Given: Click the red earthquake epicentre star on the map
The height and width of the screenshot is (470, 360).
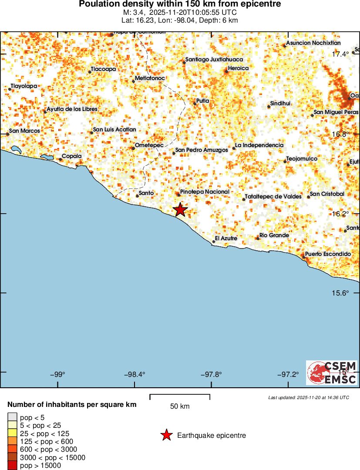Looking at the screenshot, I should pyautogui.click(x=180, y=210).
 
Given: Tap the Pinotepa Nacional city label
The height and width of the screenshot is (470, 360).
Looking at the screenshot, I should pyautogui.click(x=205, y=192).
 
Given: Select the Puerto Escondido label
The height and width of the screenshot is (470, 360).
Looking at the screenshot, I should pyautogui.click(x=328, y=254).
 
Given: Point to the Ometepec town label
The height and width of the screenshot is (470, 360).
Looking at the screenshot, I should pyautogui.click(x=149, y=145).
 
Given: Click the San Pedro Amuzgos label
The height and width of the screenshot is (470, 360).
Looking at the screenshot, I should pyautogui.click(x=202, y=150).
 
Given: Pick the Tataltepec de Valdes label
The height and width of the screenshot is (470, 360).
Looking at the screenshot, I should pyautogui.click(x=273, y=197).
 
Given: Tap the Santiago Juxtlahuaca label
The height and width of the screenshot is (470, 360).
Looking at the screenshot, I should pyautogui.click(x=214, y=60).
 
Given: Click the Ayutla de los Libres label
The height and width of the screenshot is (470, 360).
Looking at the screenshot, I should pyautogui.click(x=72, y=109).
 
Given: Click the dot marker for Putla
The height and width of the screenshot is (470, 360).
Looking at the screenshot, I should pyautogui.click(x=195, y=103).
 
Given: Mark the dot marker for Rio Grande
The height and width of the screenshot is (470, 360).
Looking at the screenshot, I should pyautogui.click(x=258, y=238).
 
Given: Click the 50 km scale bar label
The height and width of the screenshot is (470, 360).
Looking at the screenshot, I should pyautogui.click(x=180, y=406).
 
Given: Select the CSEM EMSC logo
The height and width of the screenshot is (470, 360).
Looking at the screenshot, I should pyautogui.click(x=332, y=373).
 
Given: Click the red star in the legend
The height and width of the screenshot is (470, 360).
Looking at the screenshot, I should pyautogui.click(x=166, y=435).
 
